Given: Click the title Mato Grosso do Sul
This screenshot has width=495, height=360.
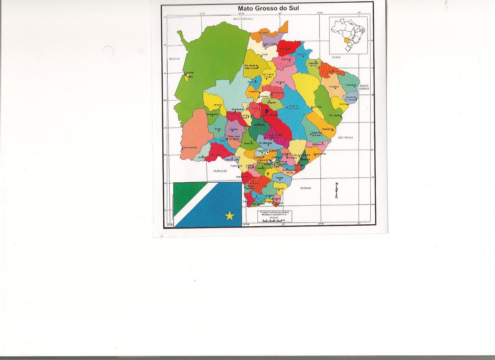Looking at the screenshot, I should pyautogui.click(x=268, y=8).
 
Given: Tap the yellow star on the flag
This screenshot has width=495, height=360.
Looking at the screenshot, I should pyautogui.click(x=230, y=216).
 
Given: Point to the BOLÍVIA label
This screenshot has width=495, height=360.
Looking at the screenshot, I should pyautogui.click(x=174, y=59).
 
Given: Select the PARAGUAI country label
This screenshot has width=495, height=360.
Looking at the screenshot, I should pyautogui.click(x=220, y=171).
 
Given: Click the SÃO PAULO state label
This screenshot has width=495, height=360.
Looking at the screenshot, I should pyautogui.click(x=345, y=137).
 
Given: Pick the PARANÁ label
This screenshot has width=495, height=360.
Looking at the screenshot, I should pyautogui.click(x=306, y=188).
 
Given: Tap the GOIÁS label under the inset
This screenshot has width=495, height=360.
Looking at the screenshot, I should pyautogui.click(x=336, y=57).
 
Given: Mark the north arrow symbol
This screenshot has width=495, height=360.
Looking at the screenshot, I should pyautogui.click(x=336, y=190).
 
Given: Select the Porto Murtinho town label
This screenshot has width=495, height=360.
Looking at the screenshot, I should pyautogui.click(x=190, y=147).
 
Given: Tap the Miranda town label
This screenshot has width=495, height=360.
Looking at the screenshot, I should pyautogui.click(x=218, y=105).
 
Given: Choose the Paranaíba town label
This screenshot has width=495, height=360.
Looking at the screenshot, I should pyautogui.click(x=351, y=85).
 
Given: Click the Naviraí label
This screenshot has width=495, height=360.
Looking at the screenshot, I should pyautogui.click(x=279, y=178).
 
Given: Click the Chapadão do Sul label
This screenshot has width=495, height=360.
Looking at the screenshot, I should pyautogui.click(x=313, y=64).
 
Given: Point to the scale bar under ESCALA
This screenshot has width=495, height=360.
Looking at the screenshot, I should pyautogui.click(x=273, y=220).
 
